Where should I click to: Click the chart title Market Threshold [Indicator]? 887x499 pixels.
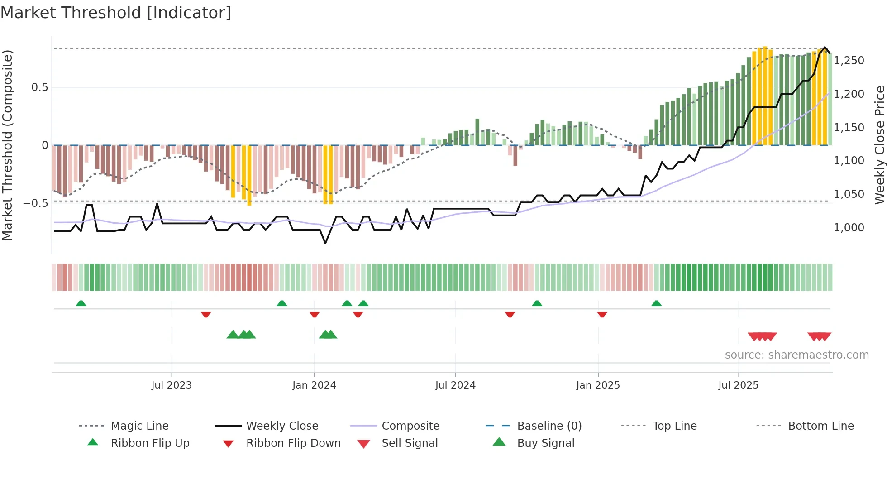(116, 13)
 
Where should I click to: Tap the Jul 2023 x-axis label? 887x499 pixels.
(172, 385)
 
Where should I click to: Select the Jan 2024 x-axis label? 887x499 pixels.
(314, 385)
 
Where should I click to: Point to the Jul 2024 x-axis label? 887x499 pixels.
(455, 385)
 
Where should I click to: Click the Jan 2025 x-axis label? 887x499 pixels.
(598, 385)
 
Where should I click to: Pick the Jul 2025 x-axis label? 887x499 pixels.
(738, 385)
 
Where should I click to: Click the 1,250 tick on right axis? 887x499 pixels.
(849, 61)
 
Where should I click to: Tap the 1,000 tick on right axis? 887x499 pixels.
(849, 228)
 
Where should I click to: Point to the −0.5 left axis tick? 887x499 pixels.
(36, 203)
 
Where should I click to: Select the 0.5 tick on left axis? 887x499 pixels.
(40, 87)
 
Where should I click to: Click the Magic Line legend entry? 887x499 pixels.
(139, 426)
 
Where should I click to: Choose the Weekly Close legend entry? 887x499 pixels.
(282, 426)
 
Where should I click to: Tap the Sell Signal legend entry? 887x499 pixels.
(410, 443)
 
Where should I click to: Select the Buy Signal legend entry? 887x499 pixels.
(545, 443)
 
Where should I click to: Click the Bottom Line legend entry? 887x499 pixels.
(820, 426)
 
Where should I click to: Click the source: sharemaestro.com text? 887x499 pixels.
(796, 355)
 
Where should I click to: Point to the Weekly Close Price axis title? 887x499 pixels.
(879, 145)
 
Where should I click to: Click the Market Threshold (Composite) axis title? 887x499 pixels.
(8, 145)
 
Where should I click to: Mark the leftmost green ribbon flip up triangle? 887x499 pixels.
(81, 303)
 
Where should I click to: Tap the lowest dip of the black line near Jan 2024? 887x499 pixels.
(325, 243)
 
